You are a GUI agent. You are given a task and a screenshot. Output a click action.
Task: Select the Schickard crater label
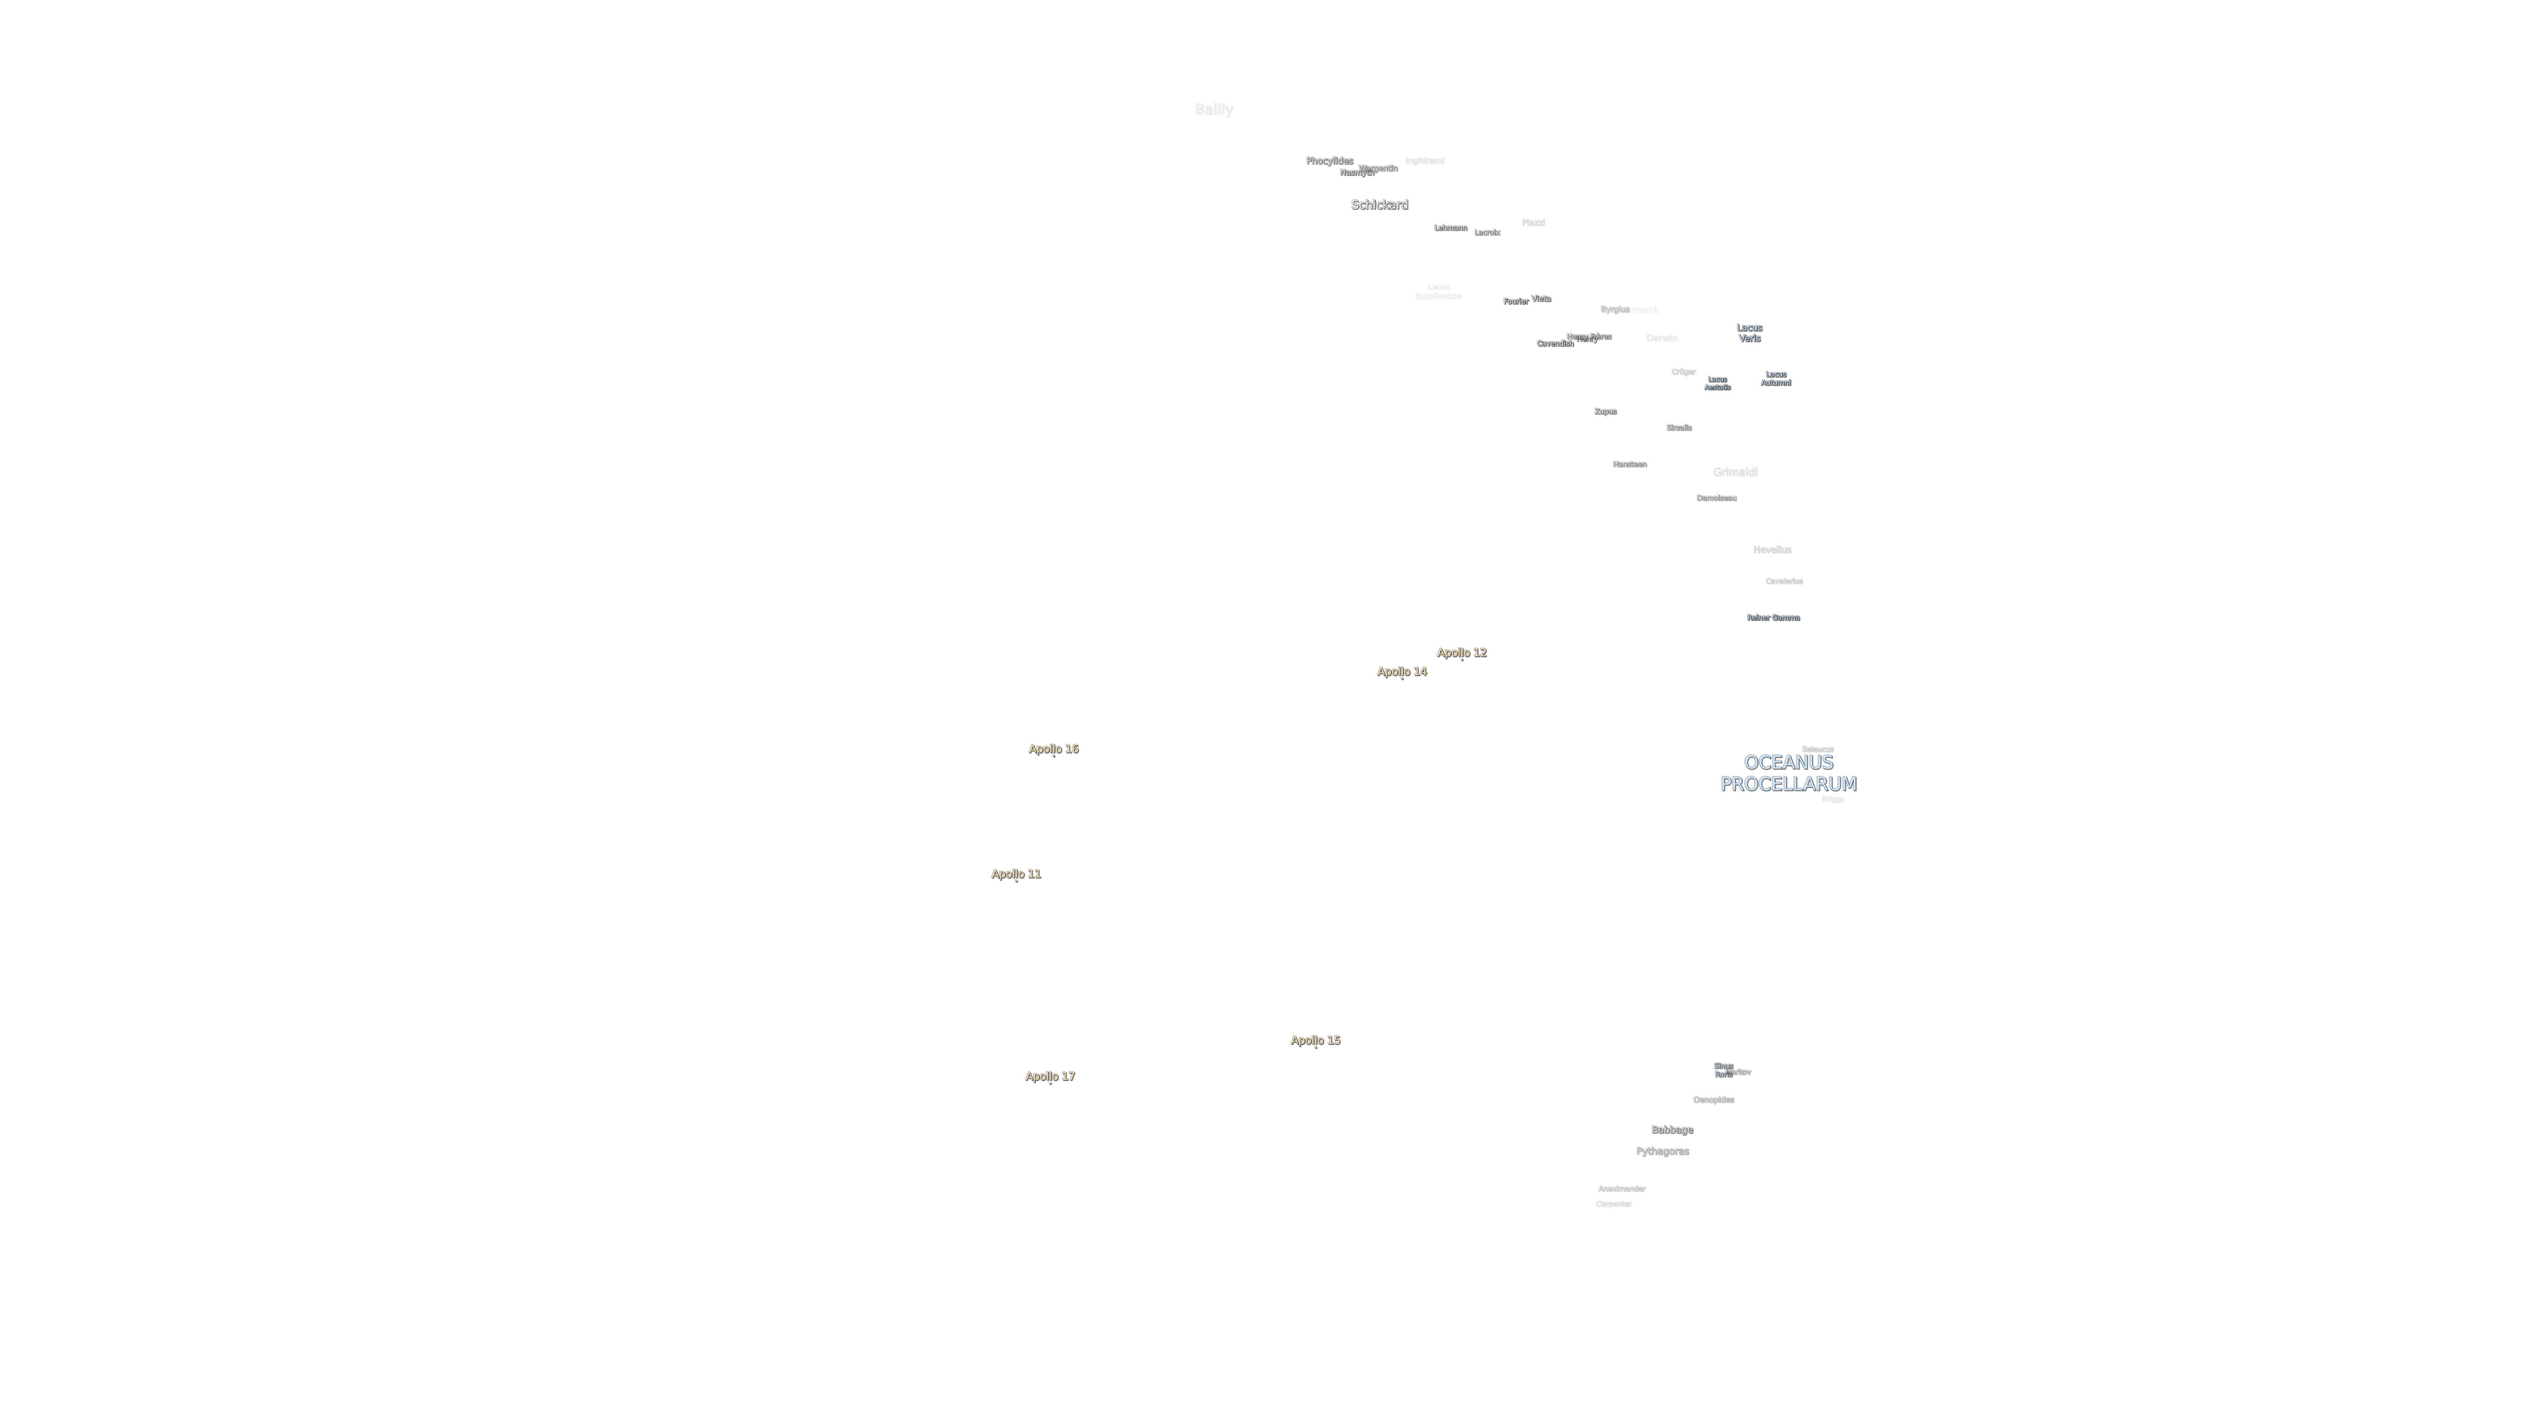(1379, 204)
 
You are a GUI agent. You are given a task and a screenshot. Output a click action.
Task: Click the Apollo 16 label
(1053, 749)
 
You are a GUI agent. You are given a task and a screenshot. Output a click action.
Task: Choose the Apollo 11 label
(1015, 874)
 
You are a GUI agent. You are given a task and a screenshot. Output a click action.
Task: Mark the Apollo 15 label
(1315, 1040)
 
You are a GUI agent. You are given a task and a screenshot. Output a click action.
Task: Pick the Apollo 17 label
(1050, 1076)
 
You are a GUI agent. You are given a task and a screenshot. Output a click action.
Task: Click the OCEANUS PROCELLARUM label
(1788, 774)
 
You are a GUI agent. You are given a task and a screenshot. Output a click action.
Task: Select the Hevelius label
(1771, 549)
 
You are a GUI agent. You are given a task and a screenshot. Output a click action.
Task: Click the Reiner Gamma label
(1772, 617)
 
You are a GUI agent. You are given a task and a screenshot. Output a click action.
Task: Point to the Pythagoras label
(1662, 1151)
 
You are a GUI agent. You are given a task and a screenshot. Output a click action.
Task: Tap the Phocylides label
(1329, 160)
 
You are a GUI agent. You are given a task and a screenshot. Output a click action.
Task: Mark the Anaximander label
(1621, 1188)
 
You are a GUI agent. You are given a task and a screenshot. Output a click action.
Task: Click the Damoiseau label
(1715, 497)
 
